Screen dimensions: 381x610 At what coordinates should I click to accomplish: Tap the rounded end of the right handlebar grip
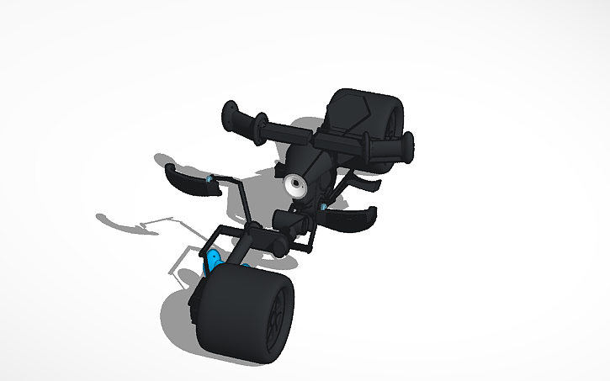click(411, 148)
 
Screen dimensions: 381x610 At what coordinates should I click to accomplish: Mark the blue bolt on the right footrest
click(324, 206)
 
